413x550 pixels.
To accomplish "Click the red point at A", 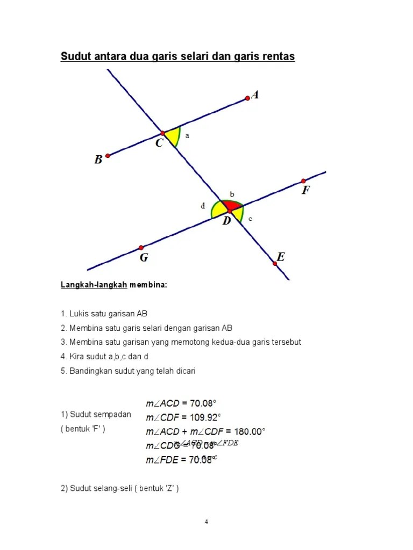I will pyautogui.click(x=247, y=98).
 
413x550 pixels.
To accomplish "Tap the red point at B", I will pyautogui.click(x=108, y=156).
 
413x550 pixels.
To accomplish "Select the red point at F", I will pyautogui.click(x=303, y=181).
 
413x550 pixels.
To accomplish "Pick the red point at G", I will pyautogui.click(x=141, y=248).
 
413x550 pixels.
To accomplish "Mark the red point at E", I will pyautogui.click(x=275, y=264).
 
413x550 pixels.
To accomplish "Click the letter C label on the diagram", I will pyautogui.click(x=160, y=143).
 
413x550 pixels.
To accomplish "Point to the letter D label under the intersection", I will pyautogui.click(x=226, y=221).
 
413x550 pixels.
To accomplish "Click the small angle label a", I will pyautogui.click(x=187, y=136).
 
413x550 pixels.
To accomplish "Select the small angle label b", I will pyautogui.click(x=232, y=194).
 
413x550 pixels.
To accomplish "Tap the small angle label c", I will pyautogui.click(x=250, y=219).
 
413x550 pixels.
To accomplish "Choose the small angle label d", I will pyautogui.click(x=203, y=205).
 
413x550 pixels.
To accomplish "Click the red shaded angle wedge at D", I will pyautogui.click(x=232, y=206).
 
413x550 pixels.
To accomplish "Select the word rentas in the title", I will pyautogui.click(x=278, y=56).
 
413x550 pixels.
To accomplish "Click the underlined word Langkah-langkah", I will pyautogui.click(x=94, y=285).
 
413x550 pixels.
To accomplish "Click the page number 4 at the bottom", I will pyautogui.click(x=206, y=521).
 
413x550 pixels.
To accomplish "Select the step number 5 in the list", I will pyautogui.click(x=63, y=371).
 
